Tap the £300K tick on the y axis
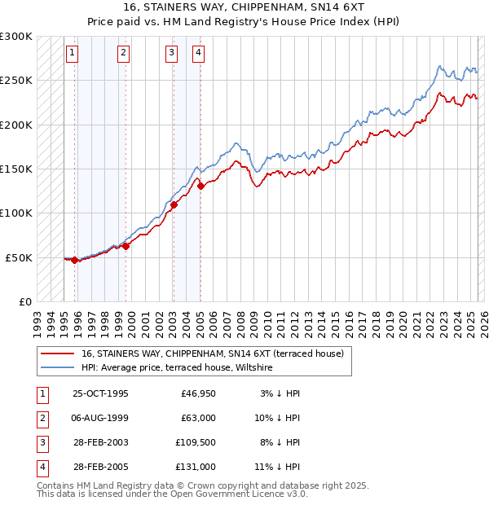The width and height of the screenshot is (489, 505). click(x=16, y=37)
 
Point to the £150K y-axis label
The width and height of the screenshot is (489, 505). click(x=16, y=169)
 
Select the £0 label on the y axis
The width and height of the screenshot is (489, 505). click(x=24, y=301)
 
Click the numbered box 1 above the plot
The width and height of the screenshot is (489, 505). click(x=73, y=54)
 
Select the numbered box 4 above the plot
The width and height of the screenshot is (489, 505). click(x=198, y=54)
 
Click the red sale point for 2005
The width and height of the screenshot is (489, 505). click(x=200, y=187)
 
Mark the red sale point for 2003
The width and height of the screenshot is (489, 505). click(x=174, y=205)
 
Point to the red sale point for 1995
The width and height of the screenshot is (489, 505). click(x=74, y=261)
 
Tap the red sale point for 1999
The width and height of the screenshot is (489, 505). click(x=126, y=246)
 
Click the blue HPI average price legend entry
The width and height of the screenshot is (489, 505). click(x=177, y=368)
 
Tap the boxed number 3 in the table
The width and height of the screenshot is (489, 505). click(x=40, y=442)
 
